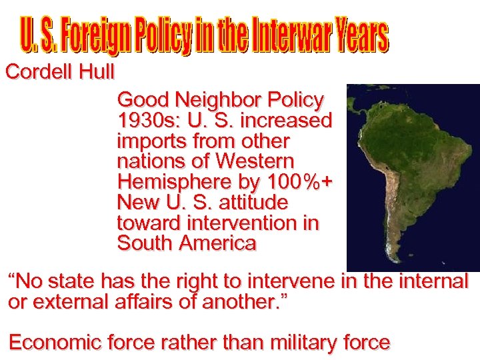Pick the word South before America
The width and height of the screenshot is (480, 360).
145,243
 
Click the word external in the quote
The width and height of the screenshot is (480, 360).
67,301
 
